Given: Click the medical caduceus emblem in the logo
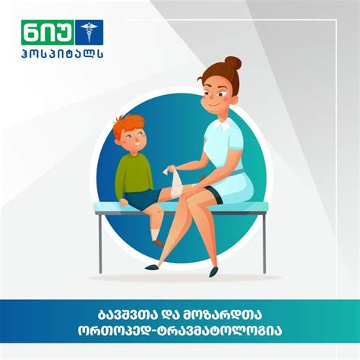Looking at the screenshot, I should coord(92,33).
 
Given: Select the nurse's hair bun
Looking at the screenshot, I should coord(232,64).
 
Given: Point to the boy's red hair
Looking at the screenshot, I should coord(126,125).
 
